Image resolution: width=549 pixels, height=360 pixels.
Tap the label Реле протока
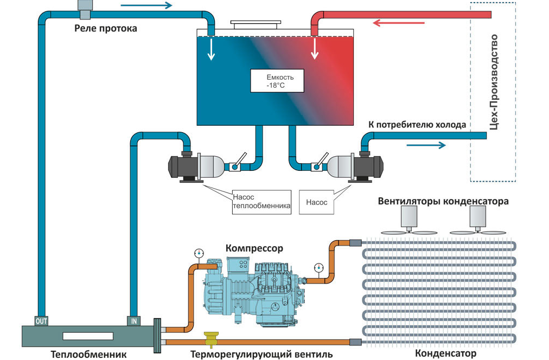coord(105,28)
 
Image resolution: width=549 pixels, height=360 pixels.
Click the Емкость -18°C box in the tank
coord(277,81)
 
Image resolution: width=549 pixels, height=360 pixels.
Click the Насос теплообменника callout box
coord(261,201)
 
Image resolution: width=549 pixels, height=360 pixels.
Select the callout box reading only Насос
coord(316,202)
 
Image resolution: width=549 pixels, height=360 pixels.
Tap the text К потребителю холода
coord(417,125)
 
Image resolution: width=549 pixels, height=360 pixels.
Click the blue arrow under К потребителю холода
coord(426,145)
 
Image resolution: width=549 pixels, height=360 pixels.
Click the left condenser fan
coord(409,222)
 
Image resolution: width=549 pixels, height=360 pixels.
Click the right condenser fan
coord(478,222)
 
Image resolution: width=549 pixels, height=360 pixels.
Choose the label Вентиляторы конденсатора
coord(443,202)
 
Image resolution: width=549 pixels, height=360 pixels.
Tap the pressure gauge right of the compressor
coord(318,267)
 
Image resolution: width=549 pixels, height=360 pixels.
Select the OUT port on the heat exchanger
coord(41,321)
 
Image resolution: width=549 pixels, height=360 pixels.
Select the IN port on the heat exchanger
coord(133,321)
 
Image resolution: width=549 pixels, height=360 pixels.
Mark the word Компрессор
coord(254,248)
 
